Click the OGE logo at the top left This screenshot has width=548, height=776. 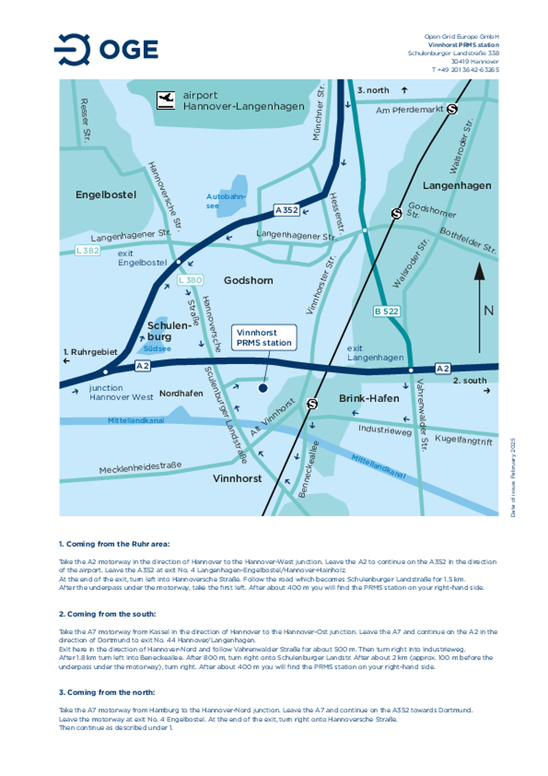(x=106, y=49)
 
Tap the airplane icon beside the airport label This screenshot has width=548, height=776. (x=166, y=100)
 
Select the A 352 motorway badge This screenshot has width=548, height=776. (x=287, y=210)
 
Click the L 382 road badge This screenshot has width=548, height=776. (x=88, y=250)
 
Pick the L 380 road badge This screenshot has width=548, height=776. (x=190, y=280)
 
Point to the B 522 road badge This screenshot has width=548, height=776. (x=386, y=311)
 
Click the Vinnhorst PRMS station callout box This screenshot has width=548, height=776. (x=264, y=337)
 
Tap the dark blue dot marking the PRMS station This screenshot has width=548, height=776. (x=263, y=388)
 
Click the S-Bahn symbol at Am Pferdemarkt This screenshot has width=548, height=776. (x=452, y=109)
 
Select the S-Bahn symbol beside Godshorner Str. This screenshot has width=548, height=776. (x=397, y=214)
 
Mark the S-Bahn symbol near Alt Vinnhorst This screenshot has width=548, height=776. (x=312, y=404)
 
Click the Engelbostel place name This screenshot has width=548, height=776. (x=106, y=195)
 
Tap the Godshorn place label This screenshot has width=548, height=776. (x=248, y=280)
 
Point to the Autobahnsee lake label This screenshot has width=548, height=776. (x=225, y=201)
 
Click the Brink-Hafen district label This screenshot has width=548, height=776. (x=369, y=398)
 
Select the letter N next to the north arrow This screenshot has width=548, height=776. (x=489, y=310)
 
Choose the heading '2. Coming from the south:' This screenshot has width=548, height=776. (x=107, y=614)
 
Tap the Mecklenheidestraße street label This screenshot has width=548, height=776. (x=140, y=467)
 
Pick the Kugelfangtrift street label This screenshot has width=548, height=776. (x=463, y=440)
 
